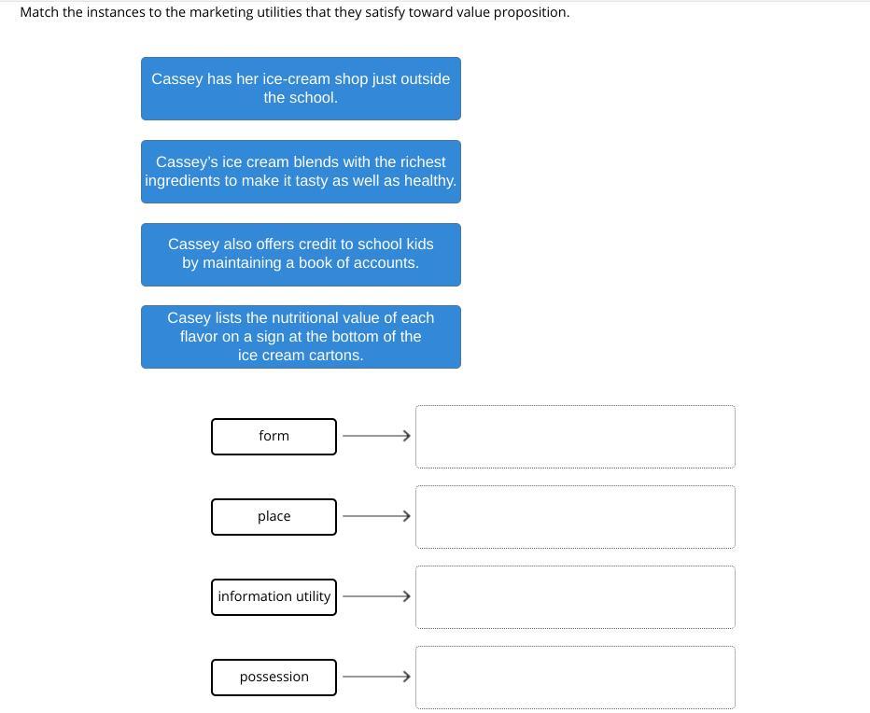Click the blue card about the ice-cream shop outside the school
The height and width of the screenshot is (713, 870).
[301, 89]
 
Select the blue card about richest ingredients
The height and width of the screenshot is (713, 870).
[301, 172]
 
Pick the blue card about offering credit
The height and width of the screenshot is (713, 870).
[301, 255]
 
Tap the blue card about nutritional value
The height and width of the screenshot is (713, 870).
[301, 337]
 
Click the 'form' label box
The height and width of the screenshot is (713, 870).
[274, 437]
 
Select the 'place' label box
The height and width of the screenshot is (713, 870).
[274, 517]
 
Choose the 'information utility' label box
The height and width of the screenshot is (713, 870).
[274, 597]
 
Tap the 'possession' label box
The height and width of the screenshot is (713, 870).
[274, 678]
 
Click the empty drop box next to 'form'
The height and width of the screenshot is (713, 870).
[575, 437]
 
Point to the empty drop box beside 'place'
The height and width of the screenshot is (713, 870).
[575, 517]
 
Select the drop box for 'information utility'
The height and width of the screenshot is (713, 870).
[575, 597]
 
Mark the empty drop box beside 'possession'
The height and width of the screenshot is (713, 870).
[575, 678]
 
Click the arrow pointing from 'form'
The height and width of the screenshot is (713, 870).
[377, 436]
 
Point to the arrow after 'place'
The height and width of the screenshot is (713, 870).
[377, 516]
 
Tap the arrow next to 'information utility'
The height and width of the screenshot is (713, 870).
[377, 596]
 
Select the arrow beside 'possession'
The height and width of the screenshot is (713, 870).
[377, 677]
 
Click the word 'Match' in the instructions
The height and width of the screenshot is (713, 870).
[39, 12]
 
